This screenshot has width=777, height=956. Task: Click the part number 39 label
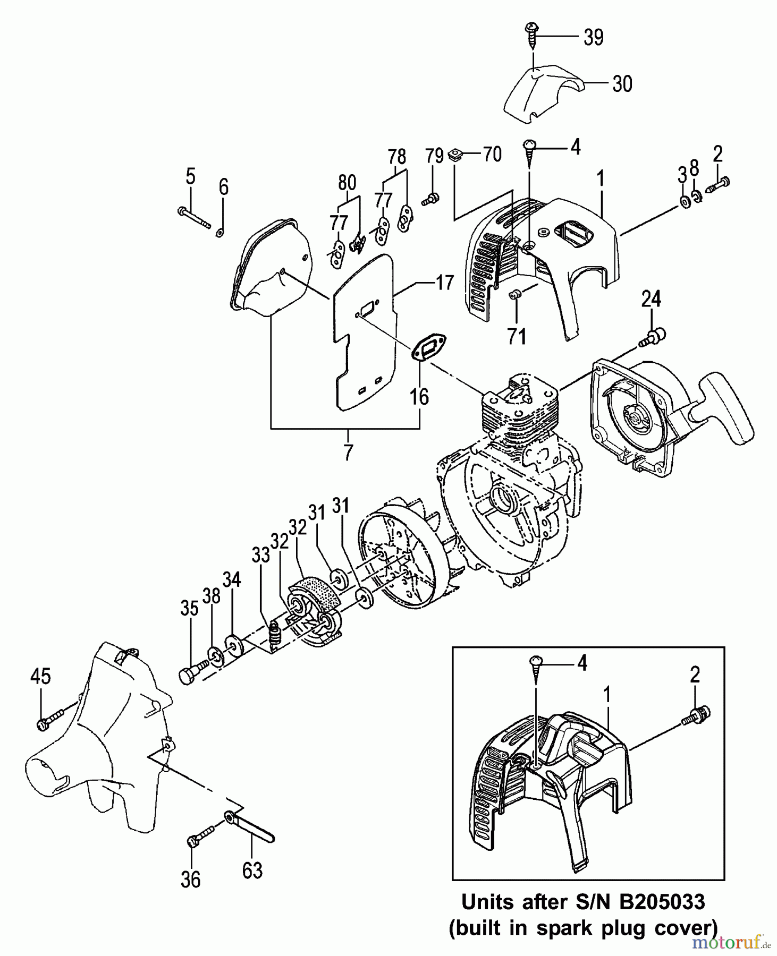tap(593, 37)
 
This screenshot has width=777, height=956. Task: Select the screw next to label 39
tap(531, 33)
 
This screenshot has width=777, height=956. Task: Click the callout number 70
tap(492, 155)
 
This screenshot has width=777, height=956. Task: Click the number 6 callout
tap(224, 187)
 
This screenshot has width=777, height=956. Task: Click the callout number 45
tap(40, 676)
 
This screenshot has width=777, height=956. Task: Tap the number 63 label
tap(252, 871)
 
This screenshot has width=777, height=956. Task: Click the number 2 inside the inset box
tap(695, 675)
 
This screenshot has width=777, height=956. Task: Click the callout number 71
tap(517, 336)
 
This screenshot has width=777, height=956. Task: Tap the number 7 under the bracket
tap(348, 453)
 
